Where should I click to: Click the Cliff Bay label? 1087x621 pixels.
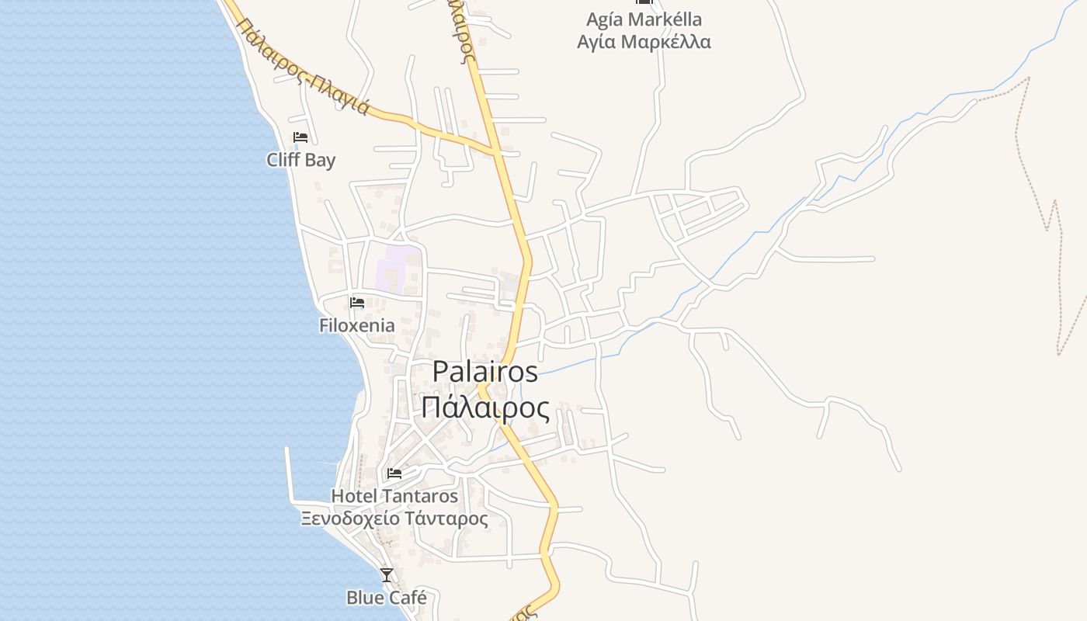coord(301,161)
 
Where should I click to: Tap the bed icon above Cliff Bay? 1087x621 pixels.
coord(300,137)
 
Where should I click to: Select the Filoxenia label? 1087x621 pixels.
coord(357,325)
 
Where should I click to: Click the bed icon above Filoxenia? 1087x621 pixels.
coord(357,302)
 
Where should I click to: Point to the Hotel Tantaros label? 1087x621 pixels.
coord(394,496)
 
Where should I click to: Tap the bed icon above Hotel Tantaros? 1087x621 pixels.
coord(394,473)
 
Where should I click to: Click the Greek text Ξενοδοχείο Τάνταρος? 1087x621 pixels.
coord(394,519)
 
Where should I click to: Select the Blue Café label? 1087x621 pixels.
coord(387,598)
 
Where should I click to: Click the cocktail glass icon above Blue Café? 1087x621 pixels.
coord(387,574)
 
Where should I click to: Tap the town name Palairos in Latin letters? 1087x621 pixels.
coord(484,371)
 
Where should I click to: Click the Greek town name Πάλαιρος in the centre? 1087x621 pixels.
coord(485,408)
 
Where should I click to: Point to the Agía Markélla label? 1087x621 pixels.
coord(644,19)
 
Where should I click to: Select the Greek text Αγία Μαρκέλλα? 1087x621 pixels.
coord(644,41)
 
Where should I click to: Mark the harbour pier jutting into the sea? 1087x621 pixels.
coord(289,474)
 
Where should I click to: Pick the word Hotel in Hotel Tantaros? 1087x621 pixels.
coord(354,496)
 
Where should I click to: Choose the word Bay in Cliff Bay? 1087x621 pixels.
coord(321,161)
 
